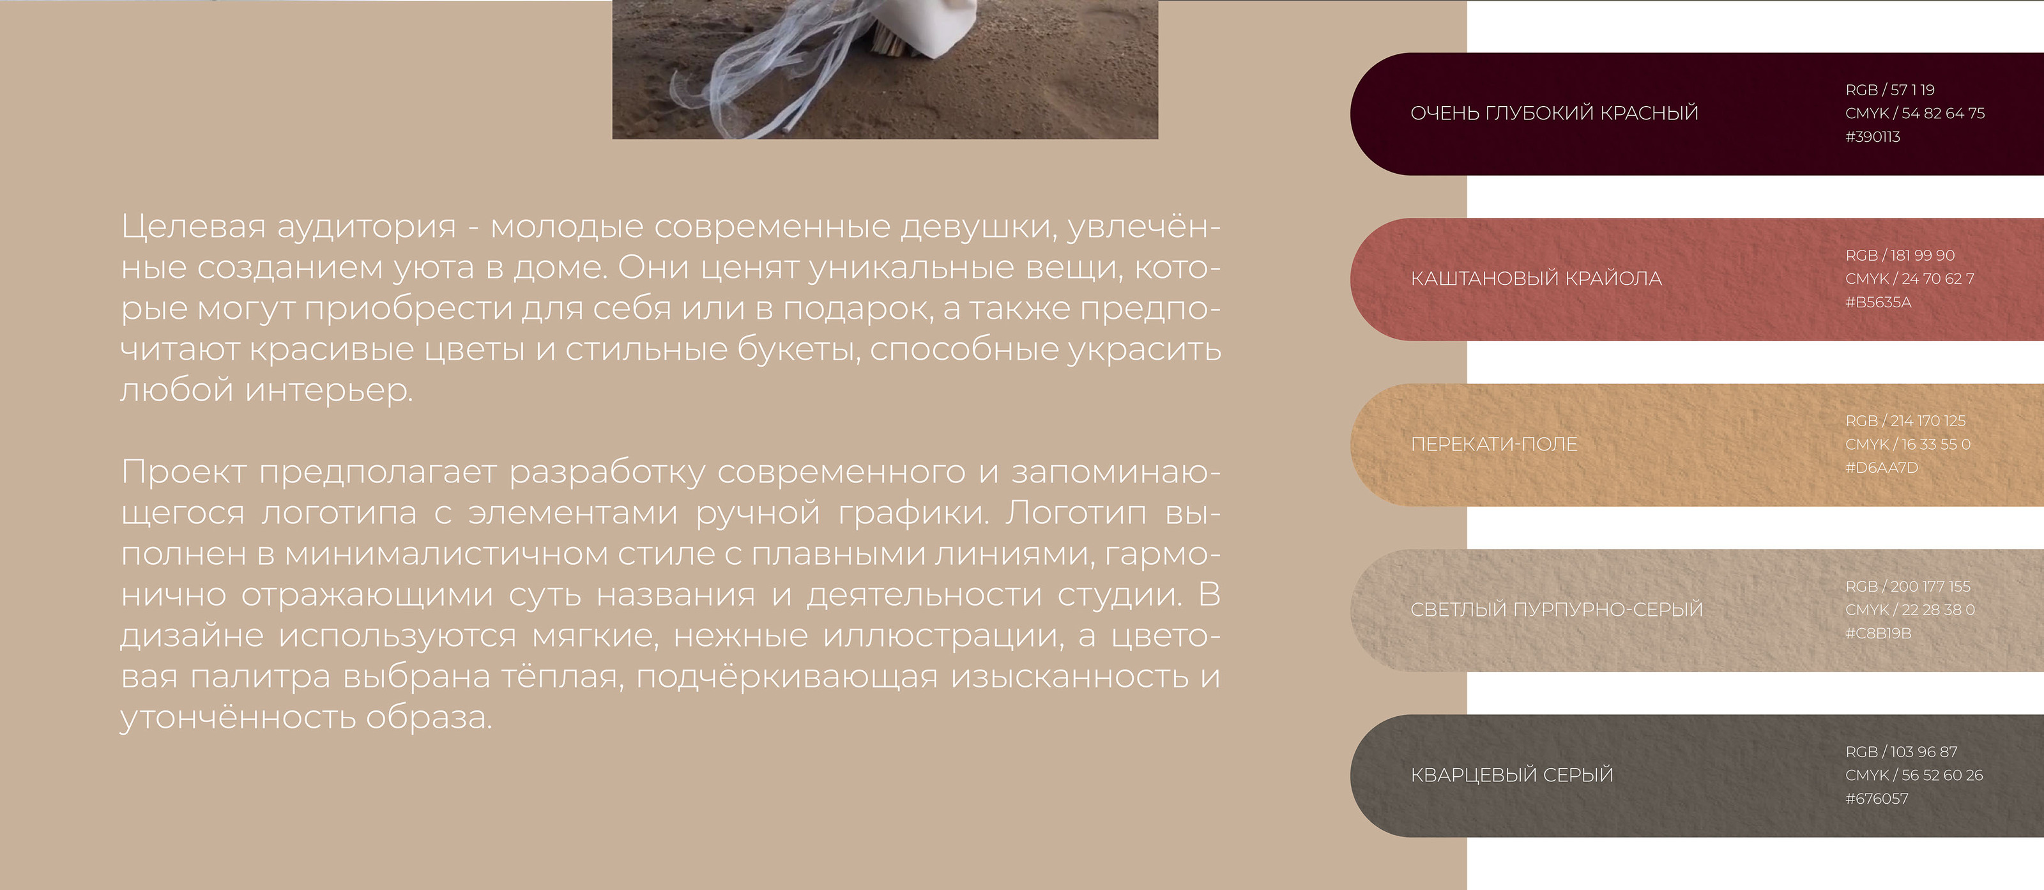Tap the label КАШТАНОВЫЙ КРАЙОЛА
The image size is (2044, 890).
(1536, 279)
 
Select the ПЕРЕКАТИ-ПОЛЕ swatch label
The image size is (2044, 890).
(1493, 445)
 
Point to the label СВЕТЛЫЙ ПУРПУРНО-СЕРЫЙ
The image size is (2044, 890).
(1556, 610)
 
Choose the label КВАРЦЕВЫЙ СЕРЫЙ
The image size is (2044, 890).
(1511, 775)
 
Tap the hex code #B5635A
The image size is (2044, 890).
(1877, 302)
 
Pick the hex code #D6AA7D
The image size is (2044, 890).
(1880, 468)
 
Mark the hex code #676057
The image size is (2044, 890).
(1876, 799)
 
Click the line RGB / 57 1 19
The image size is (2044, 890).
(1889, 89)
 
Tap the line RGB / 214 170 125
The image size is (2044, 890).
(1905, 421)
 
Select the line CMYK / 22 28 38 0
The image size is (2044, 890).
(1909, 610)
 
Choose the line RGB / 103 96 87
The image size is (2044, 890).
(1900, 752)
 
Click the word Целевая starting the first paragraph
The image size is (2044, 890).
(193, 227)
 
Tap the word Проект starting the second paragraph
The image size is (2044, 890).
(183, 472)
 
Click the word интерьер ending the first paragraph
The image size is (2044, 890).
(328, 390)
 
